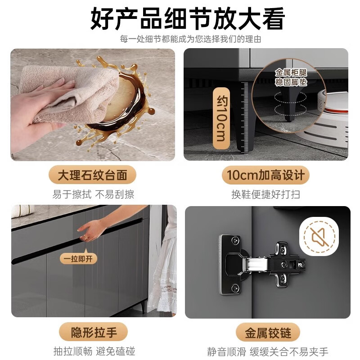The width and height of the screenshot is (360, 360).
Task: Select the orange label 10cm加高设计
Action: pos(265,175)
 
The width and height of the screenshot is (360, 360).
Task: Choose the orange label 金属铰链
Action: pos(268,333)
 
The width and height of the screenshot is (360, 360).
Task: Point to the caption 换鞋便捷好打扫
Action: pos(265,194)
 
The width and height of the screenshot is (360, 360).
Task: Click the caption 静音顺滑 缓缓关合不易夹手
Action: pos(267,351)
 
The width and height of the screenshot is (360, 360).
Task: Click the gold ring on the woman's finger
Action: pos(84,237)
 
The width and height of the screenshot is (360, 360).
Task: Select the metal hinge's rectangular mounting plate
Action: pos(229,265)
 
